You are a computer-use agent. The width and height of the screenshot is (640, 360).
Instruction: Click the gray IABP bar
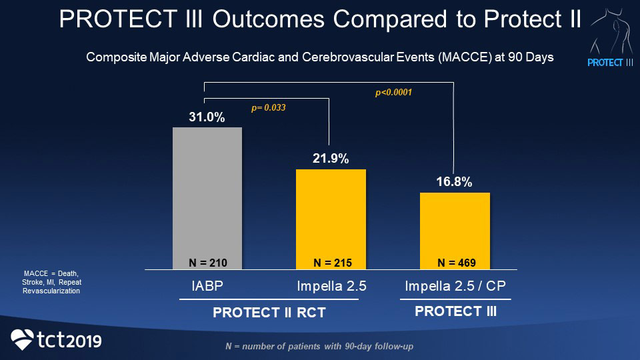[207, 193]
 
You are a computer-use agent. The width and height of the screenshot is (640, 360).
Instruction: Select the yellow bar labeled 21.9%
[331, 213]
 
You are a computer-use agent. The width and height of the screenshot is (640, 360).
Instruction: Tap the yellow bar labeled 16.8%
[455, 227]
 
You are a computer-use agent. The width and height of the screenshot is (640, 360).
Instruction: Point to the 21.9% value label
[331, 159]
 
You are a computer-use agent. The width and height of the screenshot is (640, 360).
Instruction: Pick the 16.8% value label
[455, 182]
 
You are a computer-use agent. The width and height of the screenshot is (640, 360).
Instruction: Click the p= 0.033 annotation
[268, 107]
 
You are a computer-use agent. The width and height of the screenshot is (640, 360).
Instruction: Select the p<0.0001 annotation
[393, 93]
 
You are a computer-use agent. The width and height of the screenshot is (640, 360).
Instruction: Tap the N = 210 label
[208, 262]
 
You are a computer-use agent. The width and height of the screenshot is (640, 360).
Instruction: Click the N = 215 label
[332, 262]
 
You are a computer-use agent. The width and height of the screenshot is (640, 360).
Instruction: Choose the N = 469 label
[456, 262]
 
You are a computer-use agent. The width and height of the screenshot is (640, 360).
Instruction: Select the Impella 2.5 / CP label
[455, 287]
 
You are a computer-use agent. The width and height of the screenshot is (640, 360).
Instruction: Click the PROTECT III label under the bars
[455, 311]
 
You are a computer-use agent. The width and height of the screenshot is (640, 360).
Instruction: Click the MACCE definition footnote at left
[51, 282]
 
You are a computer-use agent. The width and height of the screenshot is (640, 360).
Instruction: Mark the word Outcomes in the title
[269, 19]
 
